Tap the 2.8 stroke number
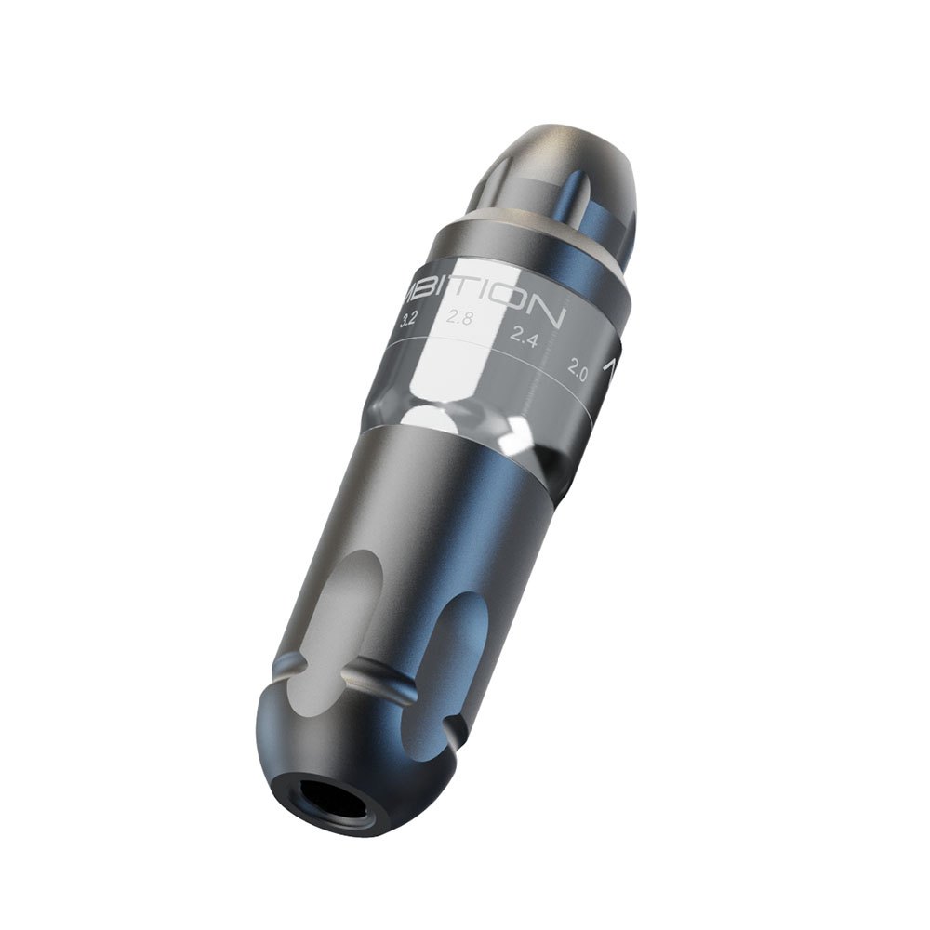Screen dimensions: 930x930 point(458,318)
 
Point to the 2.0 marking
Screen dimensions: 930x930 point(577,373)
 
